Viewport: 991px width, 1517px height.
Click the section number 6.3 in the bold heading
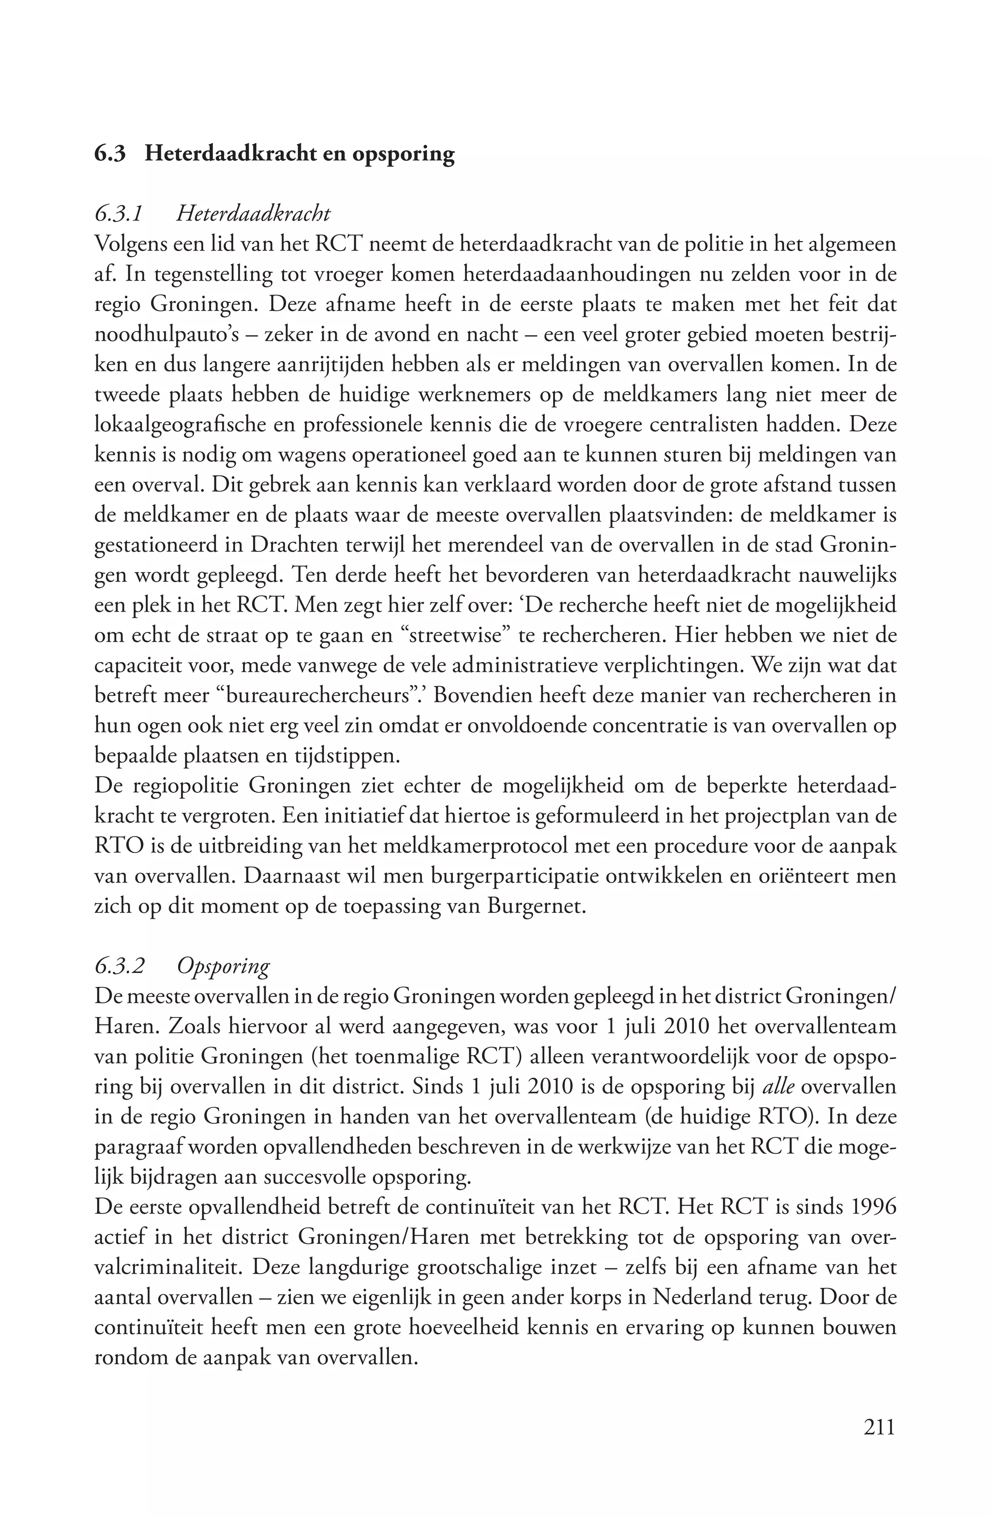(110, 154)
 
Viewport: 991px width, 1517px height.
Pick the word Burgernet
(536, 906)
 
